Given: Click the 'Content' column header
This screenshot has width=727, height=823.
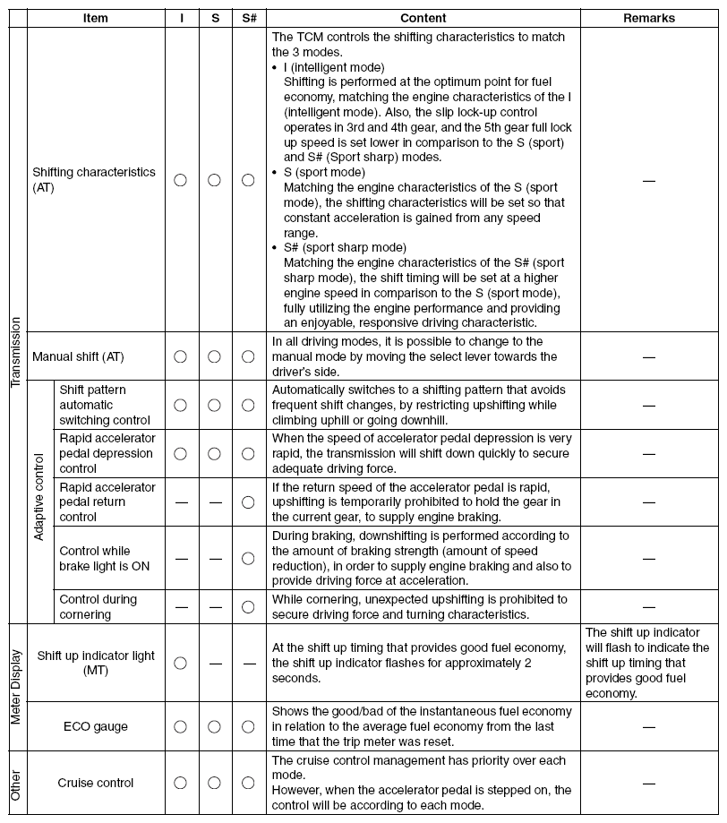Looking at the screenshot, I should pos(423,18).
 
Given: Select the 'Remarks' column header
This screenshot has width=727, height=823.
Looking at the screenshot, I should pos(649,18).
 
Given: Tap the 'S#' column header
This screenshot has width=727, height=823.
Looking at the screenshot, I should pos(249,18).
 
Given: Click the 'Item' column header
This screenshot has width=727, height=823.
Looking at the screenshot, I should pos(97,18).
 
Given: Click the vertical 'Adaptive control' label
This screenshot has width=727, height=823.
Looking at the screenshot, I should pos(38,502).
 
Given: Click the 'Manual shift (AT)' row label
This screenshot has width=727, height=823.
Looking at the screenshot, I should pos(78,356).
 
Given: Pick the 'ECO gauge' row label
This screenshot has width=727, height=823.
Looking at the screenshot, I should pos(96,726).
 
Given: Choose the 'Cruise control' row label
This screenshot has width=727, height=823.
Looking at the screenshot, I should pos(96,783).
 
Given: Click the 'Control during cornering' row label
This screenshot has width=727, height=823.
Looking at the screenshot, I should pos(98,607).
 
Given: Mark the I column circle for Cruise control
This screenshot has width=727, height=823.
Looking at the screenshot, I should pos(180,783).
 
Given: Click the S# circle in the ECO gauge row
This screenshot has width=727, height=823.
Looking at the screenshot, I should pos(248,726).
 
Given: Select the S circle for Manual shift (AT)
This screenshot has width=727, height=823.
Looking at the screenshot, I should pos(214,356).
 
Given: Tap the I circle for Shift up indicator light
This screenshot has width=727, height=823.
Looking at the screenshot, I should pos(180,663).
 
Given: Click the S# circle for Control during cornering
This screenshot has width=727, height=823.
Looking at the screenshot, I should pos(248,607).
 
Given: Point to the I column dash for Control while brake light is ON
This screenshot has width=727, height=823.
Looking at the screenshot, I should pos(181,559).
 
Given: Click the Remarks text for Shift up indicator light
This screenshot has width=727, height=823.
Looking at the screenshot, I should pos(647,663).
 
